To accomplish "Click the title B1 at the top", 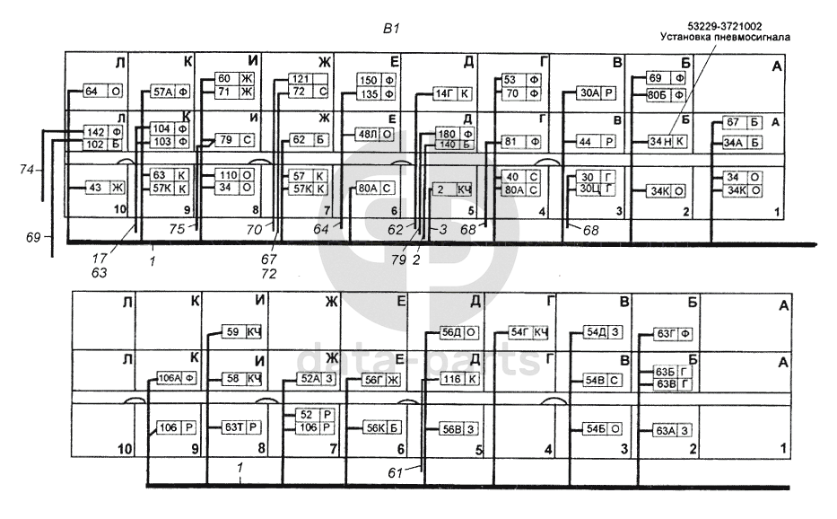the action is pyautogui.click(x=390, y=29).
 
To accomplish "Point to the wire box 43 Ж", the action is pyautogui.click(x=103, y=188).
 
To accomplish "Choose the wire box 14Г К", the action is pyautogui.click(x=453, y=93).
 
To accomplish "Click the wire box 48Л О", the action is pyautogui.click(x=375, y=134).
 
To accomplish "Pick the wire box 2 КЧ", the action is pyautogui.click(x=453, y=189).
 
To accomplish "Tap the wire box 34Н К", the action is pyautogui.click(x=668, y=141).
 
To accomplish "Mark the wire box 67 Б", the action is pyautogui.click(x=742, y=122).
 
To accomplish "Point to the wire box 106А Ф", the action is pyautogui.click(x=178, y=378).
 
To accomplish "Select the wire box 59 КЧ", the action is pyautogui.click(x=241, y=332).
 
